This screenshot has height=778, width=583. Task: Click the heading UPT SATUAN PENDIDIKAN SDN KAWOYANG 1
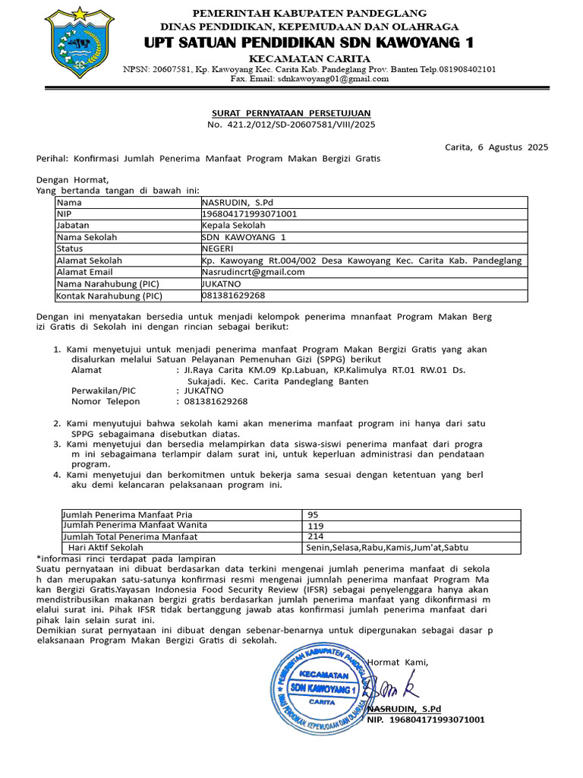click(x=309, y=41)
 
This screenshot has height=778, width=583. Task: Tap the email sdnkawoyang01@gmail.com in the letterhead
click(x=333, y=78)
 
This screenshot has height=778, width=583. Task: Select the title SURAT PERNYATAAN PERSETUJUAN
click(x=291, y=112)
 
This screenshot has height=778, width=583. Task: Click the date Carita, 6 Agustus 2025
click(x=496, y=147)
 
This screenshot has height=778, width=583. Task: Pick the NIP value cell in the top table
click(x=249, y=214)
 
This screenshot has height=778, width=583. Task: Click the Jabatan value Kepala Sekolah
click(x=233, y=226)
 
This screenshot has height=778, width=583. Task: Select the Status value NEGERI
click(x=217, y=248)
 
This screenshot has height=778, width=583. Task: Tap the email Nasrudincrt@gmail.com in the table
click(x=253, y=271)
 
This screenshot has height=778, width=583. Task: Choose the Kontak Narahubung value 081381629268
click(x=233, y=295)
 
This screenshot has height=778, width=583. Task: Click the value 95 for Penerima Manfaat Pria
click(x=312, y=514)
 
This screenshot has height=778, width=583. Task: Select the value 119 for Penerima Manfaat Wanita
click(x=314, y=525)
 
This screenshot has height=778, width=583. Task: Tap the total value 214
click(x=314, y=536)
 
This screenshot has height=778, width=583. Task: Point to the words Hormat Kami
click(x=397, y=662)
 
